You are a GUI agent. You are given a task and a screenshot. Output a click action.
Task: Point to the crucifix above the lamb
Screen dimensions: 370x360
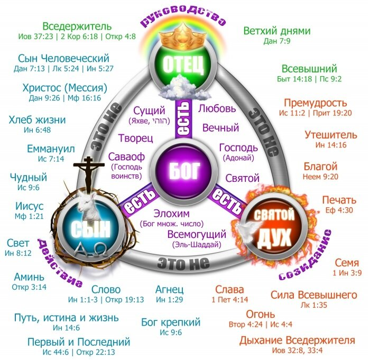tap(88, 174)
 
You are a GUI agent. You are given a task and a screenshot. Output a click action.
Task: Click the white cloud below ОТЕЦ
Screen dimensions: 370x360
tap(183, 88)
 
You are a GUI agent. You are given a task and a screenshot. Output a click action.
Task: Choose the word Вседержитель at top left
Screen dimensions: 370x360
tap(77, 26)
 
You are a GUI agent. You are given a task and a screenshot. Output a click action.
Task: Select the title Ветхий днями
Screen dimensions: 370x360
tap(277, 31)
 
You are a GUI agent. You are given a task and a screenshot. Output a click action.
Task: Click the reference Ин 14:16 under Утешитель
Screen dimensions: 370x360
tap(331, 145)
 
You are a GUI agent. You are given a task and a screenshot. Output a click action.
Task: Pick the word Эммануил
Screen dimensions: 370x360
tap(51, 149)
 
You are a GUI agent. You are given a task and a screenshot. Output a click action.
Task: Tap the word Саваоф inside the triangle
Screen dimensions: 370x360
tap(126, 156)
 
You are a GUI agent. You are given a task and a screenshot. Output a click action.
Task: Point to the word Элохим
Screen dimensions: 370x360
tap(172, 214)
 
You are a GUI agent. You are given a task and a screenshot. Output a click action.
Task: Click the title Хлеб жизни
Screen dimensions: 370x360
tap(37, 119)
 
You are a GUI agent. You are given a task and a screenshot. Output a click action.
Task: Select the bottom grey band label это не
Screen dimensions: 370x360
tap(183, 263)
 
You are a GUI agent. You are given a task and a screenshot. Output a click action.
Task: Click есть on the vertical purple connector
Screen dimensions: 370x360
tap(183, 118)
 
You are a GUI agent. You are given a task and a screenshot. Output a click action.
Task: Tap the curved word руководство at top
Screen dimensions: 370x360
tap(183, 16)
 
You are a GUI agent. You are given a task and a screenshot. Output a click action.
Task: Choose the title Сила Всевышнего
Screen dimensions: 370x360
tap(314, 295)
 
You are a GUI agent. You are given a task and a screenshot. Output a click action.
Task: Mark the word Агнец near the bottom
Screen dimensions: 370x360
tap(170, 290)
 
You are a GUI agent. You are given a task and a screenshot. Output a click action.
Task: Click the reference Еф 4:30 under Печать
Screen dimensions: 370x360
tap(339, 210)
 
